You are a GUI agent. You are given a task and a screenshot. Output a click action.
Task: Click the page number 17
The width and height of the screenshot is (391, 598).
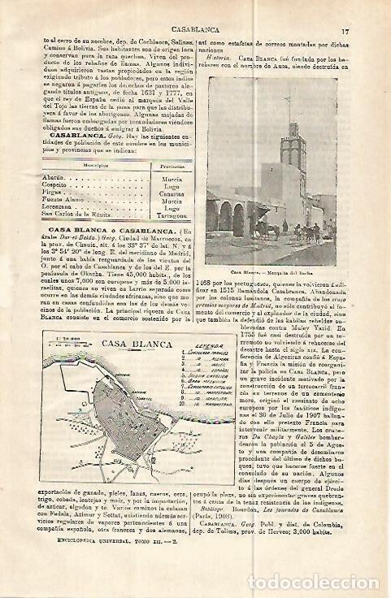coord(369,9)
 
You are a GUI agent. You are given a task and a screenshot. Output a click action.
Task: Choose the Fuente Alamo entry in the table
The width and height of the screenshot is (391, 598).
coord(60,198)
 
